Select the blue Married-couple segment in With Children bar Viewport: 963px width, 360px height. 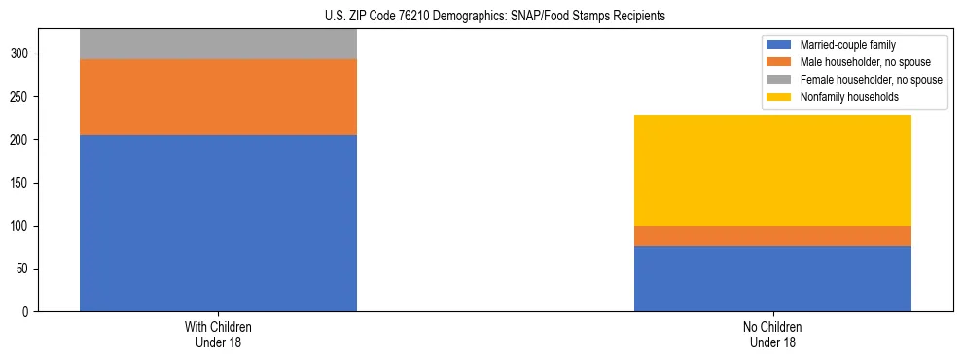coord(218,223)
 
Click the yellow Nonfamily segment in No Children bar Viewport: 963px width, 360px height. coord(772,170)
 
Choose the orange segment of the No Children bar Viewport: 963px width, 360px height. coord(772,236)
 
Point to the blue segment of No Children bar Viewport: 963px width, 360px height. coord(772,279)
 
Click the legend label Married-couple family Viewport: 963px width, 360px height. coord(846,45)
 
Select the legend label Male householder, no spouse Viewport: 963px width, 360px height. coord(861,62)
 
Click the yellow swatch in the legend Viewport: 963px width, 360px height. coord(779,97)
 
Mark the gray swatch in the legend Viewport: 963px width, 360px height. coord(779,80)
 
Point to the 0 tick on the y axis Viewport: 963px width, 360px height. coord(27,312)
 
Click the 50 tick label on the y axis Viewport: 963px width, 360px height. coord(23,270)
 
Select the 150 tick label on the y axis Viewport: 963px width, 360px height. coord(20,184)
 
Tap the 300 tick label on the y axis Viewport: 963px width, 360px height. coord(20,54)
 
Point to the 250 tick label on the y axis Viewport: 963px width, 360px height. coord(20,97)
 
